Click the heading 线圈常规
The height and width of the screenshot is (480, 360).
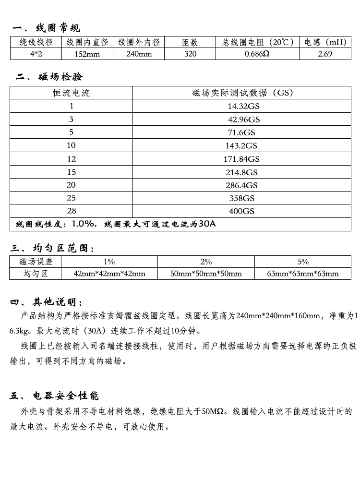(58, 28)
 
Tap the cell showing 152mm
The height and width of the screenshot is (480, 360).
(87, 54)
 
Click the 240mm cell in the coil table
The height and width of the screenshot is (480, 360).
(139, 54)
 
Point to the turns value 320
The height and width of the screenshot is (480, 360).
(190, 54)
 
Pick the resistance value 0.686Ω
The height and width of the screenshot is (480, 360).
(257, 54)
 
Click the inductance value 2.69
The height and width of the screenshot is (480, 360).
(324, 54)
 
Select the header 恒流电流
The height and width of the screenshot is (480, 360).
(71, 93)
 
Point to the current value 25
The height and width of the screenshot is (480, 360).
(71, 198)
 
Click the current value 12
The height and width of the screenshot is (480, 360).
(71, 159)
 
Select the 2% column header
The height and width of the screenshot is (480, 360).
(206, 262)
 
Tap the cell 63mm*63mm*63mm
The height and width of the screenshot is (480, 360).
(303, 274)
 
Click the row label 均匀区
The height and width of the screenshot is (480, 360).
(36, 274)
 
